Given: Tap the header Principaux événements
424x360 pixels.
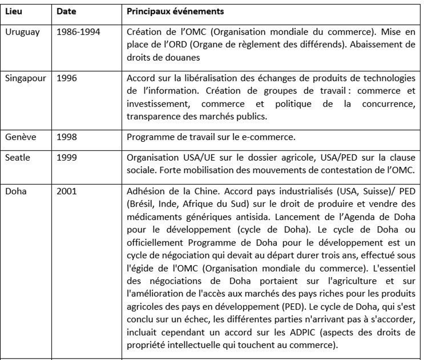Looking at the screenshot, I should pyautogui.click(x=175, y=11).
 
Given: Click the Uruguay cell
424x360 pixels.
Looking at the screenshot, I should pyautogui.click(x=22, y=32).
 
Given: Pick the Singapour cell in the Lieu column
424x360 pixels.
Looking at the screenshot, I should pyautogui.click(x=26, y=78).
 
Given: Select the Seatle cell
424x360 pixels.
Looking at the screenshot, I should pyautogui.click(x=18, y=159).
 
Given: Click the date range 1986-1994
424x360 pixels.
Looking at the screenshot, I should pyautogui.click(x=79, y=32).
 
